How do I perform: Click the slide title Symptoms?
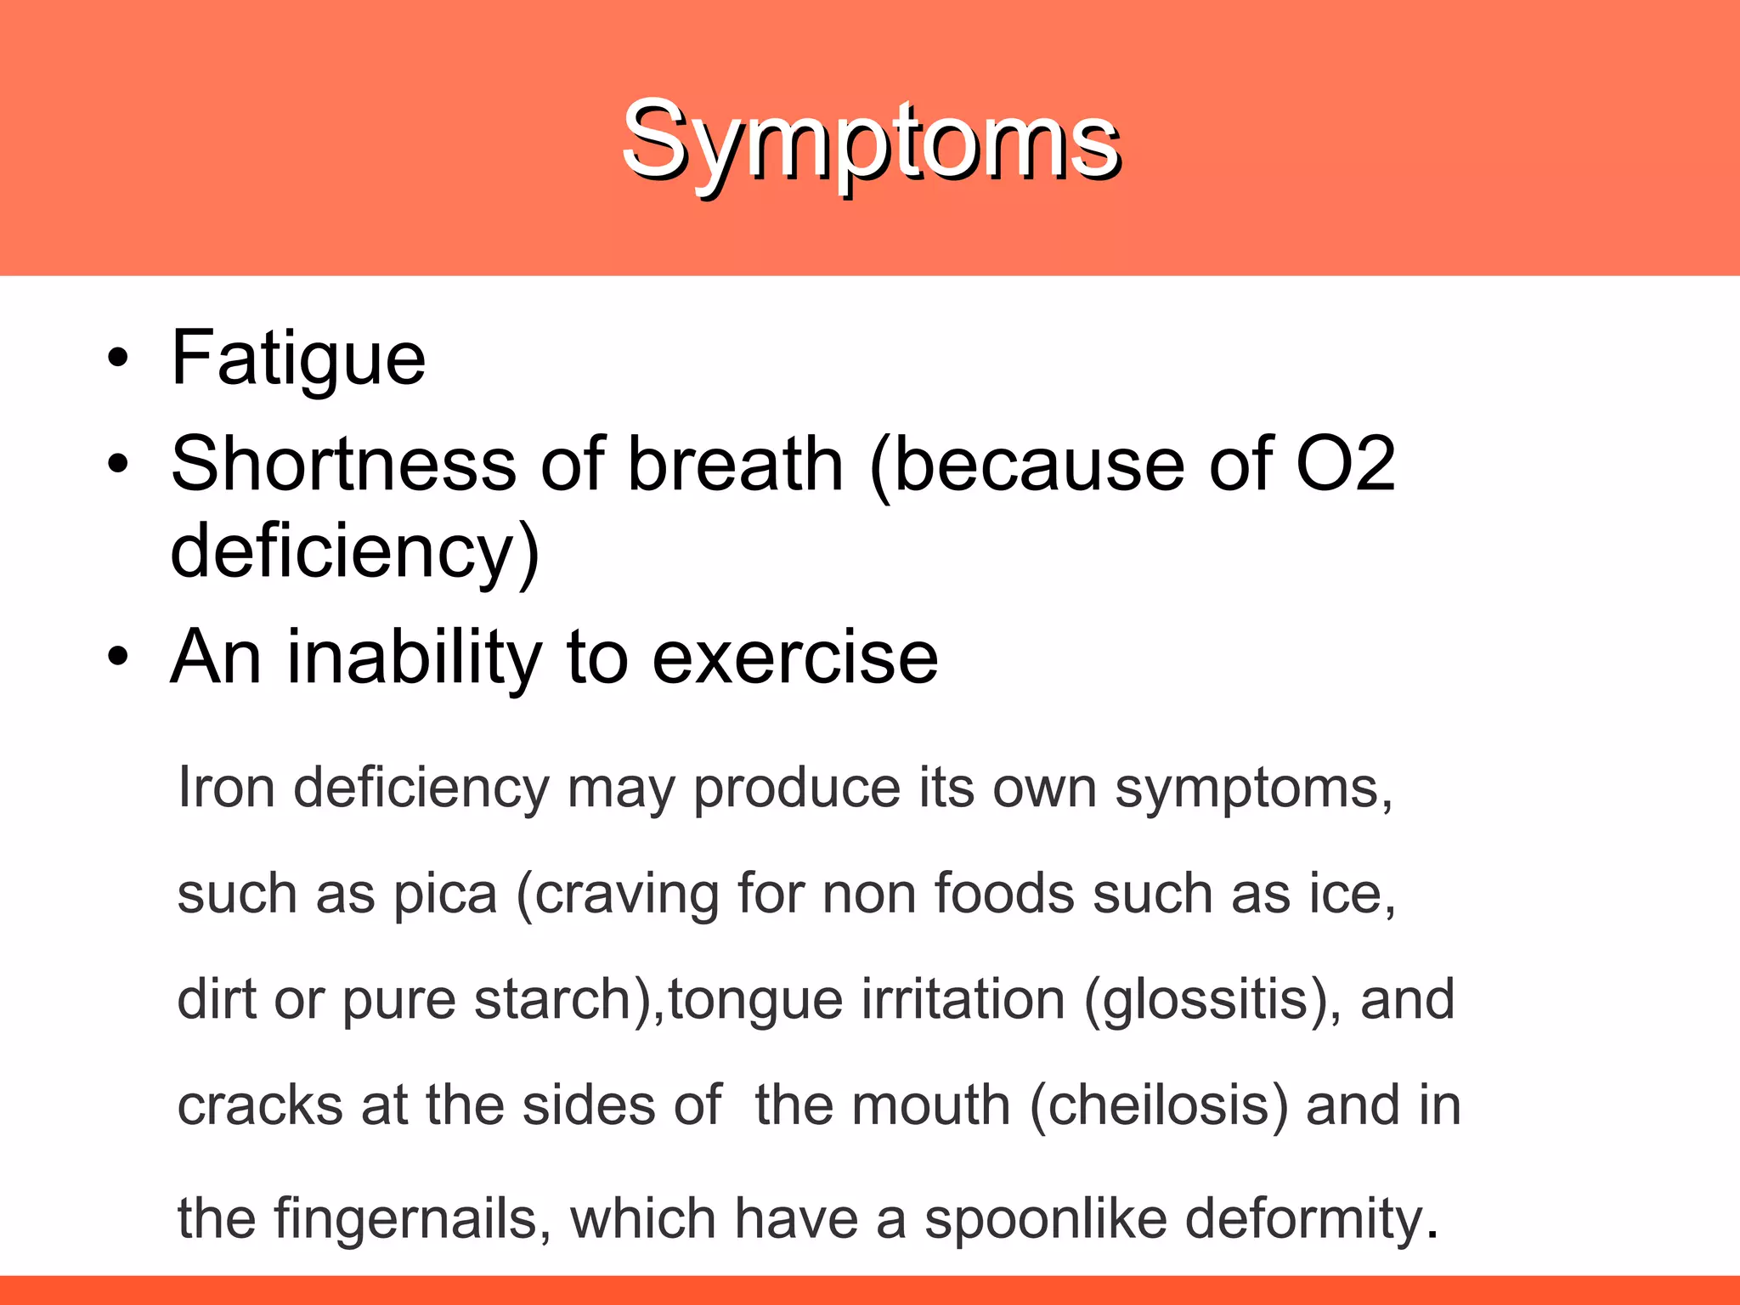coord(870,140)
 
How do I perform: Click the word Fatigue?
coord(298,359)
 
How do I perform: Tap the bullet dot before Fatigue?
coord(118,358)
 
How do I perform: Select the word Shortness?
coord(343,464)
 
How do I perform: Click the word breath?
coord(735,464)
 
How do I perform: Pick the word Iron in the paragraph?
coord(226,788)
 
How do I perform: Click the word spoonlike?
coord(1046,1218)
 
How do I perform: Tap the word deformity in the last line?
coord(1304,1218)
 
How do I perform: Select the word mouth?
coord(931,1105)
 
